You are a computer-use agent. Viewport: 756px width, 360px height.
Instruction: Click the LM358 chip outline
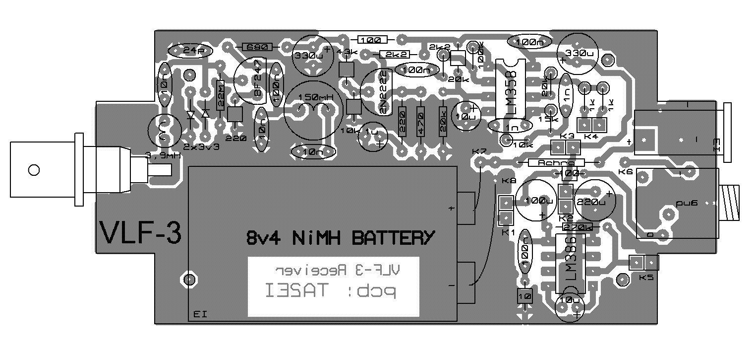pos(511,88)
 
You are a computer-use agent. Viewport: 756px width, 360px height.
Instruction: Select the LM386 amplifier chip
pos(571,263)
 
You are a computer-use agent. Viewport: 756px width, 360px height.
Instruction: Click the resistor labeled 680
pos(257,47)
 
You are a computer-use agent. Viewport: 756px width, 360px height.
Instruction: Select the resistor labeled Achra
pos(556,162)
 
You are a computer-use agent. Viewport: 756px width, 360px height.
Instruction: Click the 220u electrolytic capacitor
pos(594,201)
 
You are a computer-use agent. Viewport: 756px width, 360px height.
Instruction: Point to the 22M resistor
pos(221,97)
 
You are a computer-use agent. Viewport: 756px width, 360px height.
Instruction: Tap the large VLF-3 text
pos(140,233)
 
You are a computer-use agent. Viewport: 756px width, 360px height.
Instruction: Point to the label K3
pos(567,136)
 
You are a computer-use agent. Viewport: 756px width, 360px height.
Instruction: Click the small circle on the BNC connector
pos(34,170)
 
